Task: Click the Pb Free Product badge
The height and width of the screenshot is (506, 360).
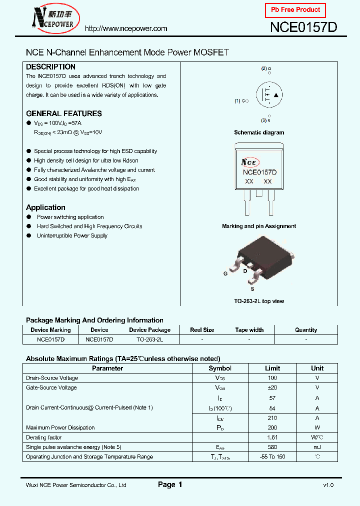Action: coord(295,10)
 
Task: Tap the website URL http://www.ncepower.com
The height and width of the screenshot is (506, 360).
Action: coord(125,28)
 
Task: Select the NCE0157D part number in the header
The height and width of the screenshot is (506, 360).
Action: coord(303,28)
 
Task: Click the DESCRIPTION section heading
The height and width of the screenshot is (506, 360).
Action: coord(50,67)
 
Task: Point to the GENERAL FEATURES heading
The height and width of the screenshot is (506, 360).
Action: coord(63,113)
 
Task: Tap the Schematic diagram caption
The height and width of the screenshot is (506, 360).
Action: coord(259,132)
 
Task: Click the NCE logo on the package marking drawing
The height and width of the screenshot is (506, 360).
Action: coord(249,162)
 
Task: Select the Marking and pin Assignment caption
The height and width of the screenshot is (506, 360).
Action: coord(259,226)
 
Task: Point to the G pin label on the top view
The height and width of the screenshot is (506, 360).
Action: coord(225,274)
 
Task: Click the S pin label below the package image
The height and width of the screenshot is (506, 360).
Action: coord(252,289)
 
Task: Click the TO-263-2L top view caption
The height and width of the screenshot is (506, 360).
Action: coord(259,301)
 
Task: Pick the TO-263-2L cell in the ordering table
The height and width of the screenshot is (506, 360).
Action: coord(150,339)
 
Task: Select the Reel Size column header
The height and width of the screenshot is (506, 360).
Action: coord(202,330)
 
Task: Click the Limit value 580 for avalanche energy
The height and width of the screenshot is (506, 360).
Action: coord(272,447)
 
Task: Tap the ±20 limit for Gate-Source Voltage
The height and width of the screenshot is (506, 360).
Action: coord(272,387)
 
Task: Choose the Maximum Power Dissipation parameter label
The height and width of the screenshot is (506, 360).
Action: coord(60,427)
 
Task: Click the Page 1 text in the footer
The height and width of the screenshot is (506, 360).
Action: coord(170,484)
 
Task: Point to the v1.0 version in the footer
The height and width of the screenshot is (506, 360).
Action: coord(328,485)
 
